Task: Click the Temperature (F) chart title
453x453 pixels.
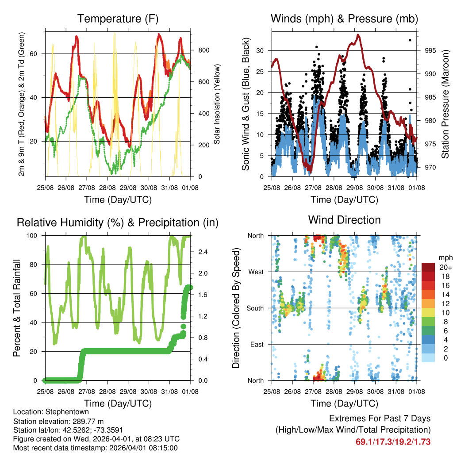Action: click(x=118, y=19)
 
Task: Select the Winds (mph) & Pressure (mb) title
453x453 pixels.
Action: click(x=344, y=19)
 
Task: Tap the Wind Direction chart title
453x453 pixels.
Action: click(x=344, y=220)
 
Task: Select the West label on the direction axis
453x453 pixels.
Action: click(x=255, y=272)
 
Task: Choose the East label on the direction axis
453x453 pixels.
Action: click(x=256, y=344)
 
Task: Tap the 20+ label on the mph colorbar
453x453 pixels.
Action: click(x=445, y=267)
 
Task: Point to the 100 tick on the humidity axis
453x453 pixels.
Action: click(x=35, y=235)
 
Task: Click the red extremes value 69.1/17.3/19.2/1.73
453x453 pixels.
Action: click(x=393, y=441)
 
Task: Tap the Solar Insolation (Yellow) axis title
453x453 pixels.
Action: click(x=217, y=104)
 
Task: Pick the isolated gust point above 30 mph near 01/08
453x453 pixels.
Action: click(x=410, y=40)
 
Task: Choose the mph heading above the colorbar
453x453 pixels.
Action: click(x=445, y=257)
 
